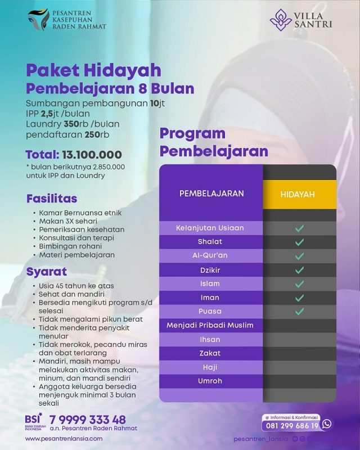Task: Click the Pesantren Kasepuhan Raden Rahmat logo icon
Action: click(x=38, y=19)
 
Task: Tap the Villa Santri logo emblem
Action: click(x=281, y=19)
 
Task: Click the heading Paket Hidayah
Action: click(x=93, y=70)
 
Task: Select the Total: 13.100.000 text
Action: click(x=74, y=155)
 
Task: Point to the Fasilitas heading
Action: click(x=52, y=199)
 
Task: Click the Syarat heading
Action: click(x=47, y=272)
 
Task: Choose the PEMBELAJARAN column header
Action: click(x=211, y=193)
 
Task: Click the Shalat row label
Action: click(x=210, y=242)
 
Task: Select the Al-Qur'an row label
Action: click(x=210, y=255)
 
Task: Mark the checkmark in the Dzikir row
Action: click(x=299, y=269)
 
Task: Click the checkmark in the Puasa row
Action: click(x=299, y=311)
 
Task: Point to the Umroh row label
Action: click(x=210, y=381)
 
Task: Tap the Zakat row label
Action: click(x=210, y=353)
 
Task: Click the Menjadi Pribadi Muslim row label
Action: click(x=210, y=325)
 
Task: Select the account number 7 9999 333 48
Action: click(x=87, y=420)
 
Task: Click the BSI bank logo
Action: click(x=33, y=421)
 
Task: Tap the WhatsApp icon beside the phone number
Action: click(x=326, y=425)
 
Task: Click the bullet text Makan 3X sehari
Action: click(x=68, y=221)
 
